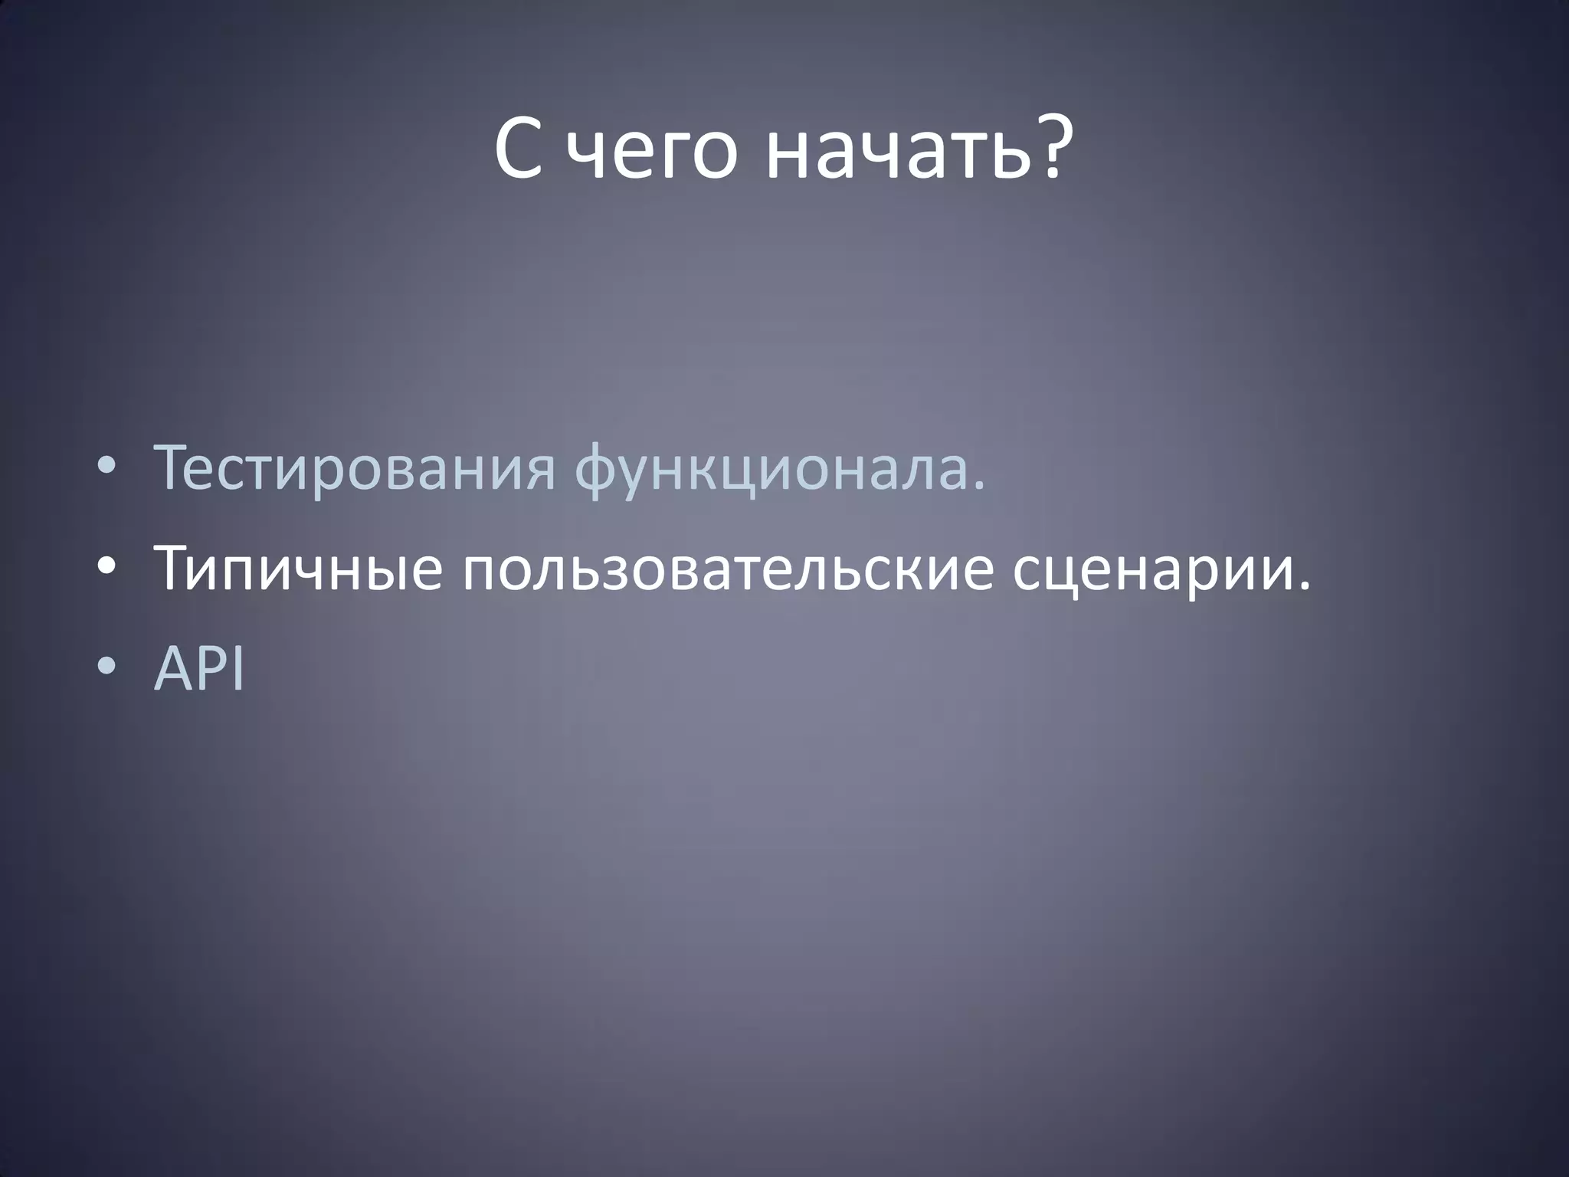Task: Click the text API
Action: pyautogui.click(x=199, y=668)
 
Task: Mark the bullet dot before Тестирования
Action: pyautogui.click(x=107, y=470)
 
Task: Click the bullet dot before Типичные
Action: pyautogui.click(x=107, y=569)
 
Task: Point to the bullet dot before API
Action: pyautogui.click(x=107, y=669)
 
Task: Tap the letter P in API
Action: pyautogui.click(x=215, y=668)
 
